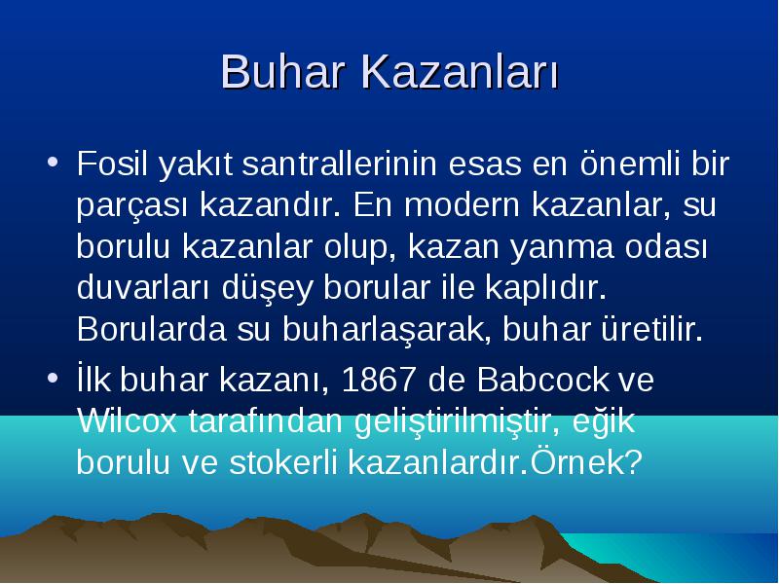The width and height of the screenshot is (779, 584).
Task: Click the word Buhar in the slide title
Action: pos(283,71)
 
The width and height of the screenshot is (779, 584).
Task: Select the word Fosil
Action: pos(112,163)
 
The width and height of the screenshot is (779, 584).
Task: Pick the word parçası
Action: pos(132,206)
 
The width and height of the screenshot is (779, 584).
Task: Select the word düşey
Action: pos(267,288)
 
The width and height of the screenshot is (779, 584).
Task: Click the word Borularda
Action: pos(152,329)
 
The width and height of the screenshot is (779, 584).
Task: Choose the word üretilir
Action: pos(651,329)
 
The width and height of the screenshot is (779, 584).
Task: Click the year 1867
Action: pos(379,380)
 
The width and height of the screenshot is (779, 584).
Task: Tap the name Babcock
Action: pos(542,380)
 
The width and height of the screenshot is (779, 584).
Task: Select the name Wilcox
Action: pos(128,421)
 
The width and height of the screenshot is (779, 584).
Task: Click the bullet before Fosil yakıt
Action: pos(53,162)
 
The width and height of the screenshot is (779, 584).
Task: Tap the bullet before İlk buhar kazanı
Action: pos(53,379)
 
